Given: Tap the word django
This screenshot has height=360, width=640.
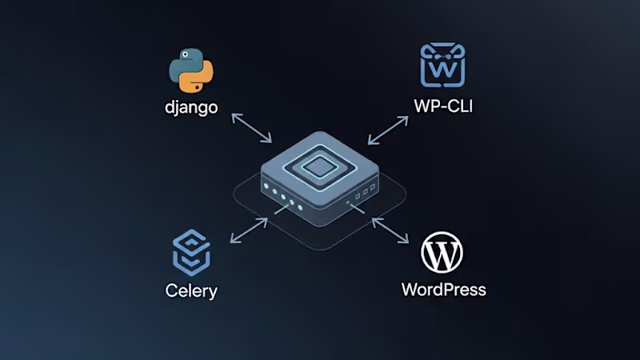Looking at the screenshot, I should (x=192, y=107).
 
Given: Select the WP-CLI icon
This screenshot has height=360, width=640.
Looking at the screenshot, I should (x=443, y=66).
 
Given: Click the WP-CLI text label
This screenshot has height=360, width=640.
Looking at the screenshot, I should (x=443, y=105).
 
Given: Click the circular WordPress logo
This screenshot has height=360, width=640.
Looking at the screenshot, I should (x=442, y=253).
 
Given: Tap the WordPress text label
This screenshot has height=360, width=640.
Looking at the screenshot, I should (x=443, y=289).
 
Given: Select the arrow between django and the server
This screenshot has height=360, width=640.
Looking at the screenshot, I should (x=251, y=128).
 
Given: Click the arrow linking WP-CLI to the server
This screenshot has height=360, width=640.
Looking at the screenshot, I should (x=390, y=128).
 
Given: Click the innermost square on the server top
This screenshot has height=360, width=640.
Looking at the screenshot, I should (x=320, y=166).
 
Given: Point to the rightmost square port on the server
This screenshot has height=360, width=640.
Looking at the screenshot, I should (x=372, y=188).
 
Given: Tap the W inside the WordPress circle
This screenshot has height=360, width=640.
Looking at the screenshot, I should (x=442, y=253).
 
